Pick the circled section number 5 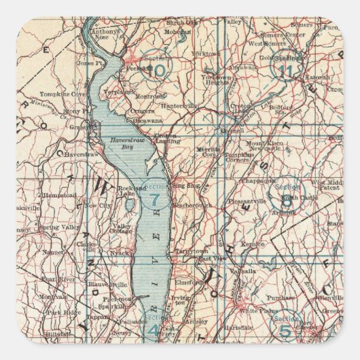point(286,332)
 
